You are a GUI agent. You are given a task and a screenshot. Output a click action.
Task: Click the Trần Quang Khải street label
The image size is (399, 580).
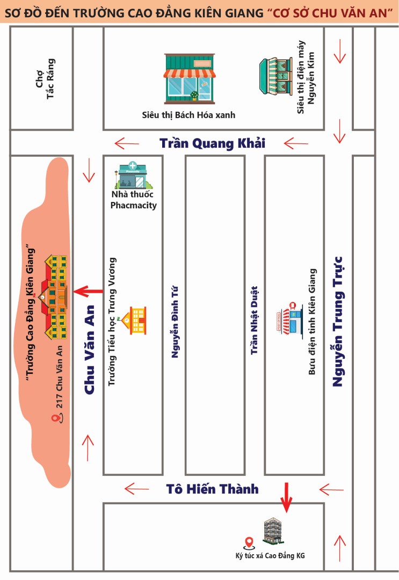pyautogui.click(x=212, y=143)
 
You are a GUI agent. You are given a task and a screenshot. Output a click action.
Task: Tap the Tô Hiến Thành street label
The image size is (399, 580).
pyautogui.click(x=212, y=489)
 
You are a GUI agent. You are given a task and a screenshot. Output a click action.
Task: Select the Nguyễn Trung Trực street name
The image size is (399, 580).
pyautogui.click(x=338, y=321)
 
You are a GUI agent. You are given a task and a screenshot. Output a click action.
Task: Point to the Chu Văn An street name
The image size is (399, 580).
pyautogui.click(x=90, y=350)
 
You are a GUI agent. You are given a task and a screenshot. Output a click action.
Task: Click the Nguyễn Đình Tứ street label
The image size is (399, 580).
pyautogui.click(x=175, y=322)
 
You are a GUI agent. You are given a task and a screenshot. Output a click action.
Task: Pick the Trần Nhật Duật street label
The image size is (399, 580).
pyautogui.click(x=255, y=320)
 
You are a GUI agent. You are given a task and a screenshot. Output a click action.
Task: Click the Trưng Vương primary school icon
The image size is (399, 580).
pyautogui.click(x=135, y=320)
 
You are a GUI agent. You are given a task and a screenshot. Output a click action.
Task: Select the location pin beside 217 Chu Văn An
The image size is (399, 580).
pyautogui.click(x=54, y=418)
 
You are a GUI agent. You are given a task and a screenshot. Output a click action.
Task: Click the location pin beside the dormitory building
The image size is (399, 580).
pyautogui.click(x=249, y=543)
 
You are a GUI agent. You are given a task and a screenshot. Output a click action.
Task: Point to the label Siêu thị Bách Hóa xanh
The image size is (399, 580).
pyautogui.click(x=188, y=115)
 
